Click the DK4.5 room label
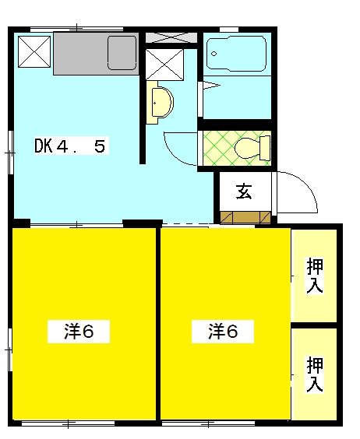pyautogui.click(x=69, y=146)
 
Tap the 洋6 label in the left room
pyautogui.click(x=78, y=332)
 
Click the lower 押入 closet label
pyautogui.click(x=315, y=374)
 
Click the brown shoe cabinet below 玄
pyautogui.click(x=244, y=217)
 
